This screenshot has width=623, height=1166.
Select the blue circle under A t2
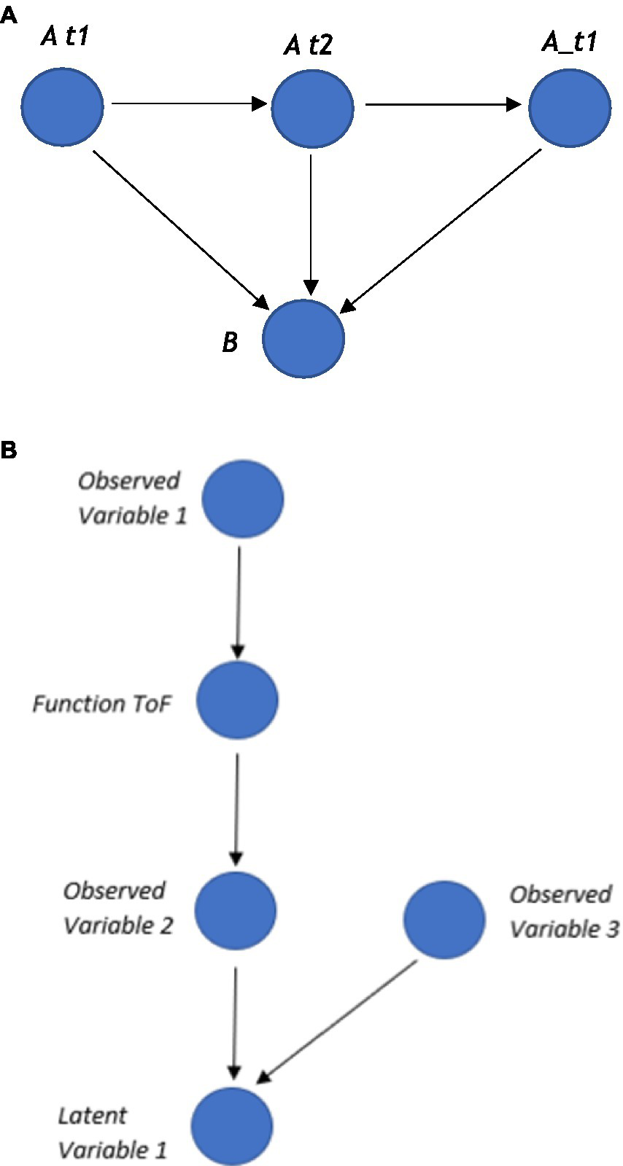pos(312,108)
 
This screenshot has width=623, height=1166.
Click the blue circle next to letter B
pos(303,338)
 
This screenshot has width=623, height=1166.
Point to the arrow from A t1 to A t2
pos(188,104)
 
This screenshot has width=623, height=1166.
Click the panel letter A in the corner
pos(8,16)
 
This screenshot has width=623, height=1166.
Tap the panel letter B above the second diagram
pos(9,450)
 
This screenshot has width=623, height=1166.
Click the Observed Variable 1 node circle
pos(242,499)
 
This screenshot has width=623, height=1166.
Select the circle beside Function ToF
pos(237,700)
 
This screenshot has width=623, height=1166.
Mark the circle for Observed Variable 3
pos(444,919)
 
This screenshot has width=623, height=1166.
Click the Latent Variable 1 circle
pos(233,1126)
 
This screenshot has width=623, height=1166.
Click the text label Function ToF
pos(102,704)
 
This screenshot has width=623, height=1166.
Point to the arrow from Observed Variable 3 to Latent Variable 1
pos(339,1020)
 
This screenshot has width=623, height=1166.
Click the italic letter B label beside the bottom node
pos(230,341)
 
